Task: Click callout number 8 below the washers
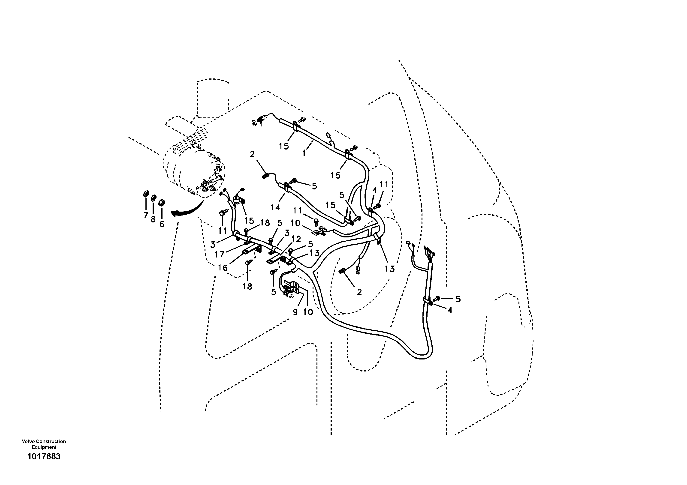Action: tap(153, 219)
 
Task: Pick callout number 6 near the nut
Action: tap(162, 224)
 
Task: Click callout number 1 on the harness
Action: tap(304, 153)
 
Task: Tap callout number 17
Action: tap(219, 254)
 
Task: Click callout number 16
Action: tap(223, 268)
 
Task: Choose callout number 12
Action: tap(296, 239)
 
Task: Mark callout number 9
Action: tap(295, 312)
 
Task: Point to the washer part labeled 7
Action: tap(146, 194)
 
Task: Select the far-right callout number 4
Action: tap(450, 310)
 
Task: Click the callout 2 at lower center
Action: tap(359, 292)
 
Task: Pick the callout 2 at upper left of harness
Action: tap(252, 154)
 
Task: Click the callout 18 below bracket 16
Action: tap(247, 287)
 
